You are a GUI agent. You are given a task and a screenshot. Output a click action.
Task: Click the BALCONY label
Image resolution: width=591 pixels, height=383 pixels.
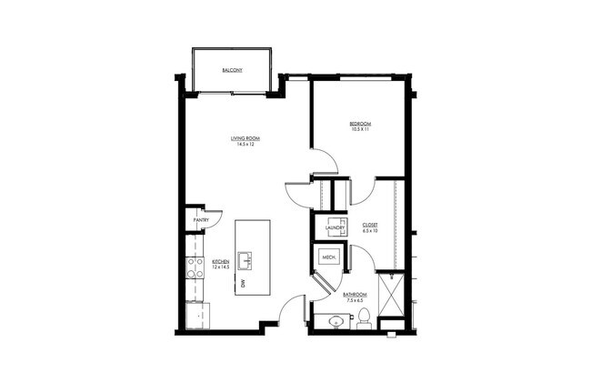(231, 70)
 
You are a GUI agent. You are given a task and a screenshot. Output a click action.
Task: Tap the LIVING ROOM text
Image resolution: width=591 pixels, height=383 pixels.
(243, 138)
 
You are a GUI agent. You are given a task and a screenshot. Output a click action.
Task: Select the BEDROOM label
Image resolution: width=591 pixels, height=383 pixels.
(361, 123)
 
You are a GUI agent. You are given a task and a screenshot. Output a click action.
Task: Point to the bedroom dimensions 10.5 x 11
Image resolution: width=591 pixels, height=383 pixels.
(361, 129)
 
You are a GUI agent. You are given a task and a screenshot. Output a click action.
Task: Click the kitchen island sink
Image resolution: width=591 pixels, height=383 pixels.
(246, 260)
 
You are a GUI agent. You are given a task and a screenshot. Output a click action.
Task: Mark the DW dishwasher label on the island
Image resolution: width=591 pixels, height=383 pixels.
(244, 285)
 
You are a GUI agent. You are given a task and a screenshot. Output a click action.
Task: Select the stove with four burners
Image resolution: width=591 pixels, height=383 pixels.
(195, 267)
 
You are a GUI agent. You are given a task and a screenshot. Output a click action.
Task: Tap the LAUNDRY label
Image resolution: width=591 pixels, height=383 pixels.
(333, 227)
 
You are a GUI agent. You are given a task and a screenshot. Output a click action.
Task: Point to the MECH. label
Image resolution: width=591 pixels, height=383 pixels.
(328, 258)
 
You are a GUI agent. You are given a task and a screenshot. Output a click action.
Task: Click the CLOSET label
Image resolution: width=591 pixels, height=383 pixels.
(370, 224)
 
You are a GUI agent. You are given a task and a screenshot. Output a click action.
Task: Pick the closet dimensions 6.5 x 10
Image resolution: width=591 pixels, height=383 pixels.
(370, 230)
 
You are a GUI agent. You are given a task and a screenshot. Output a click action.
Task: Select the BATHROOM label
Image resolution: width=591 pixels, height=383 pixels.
(355, 294)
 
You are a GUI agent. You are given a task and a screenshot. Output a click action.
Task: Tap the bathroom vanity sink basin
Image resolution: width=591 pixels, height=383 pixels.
(336, 321)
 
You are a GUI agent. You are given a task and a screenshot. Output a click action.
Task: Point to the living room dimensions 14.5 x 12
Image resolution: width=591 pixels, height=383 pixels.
(243, 145)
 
